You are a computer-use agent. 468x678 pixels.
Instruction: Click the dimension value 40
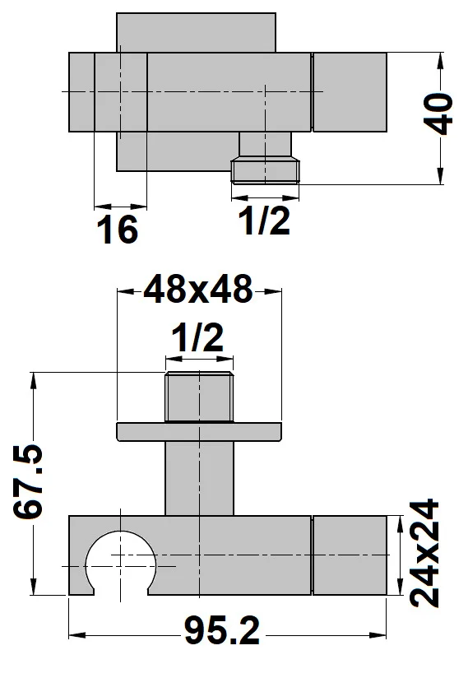(441, 114)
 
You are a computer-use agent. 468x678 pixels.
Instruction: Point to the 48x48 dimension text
(197, 290)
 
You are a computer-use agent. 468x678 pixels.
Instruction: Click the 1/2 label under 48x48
(197, 338)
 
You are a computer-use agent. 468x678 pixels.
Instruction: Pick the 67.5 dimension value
(30, 484)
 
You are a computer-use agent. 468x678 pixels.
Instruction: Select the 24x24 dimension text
(426, 553)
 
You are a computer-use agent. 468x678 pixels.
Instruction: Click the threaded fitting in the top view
(265, 169)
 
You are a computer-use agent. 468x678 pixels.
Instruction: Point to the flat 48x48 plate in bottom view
(199, 431)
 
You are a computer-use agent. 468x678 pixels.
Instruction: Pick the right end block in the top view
(350, 91)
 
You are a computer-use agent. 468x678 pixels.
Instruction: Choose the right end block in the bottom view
(350, 555)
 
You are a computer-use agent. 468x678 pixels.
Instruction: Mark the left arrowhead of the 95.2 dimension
(74, 634)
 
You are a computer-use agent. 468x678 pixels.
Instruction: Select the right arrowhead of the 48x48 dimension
(276, 290)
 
